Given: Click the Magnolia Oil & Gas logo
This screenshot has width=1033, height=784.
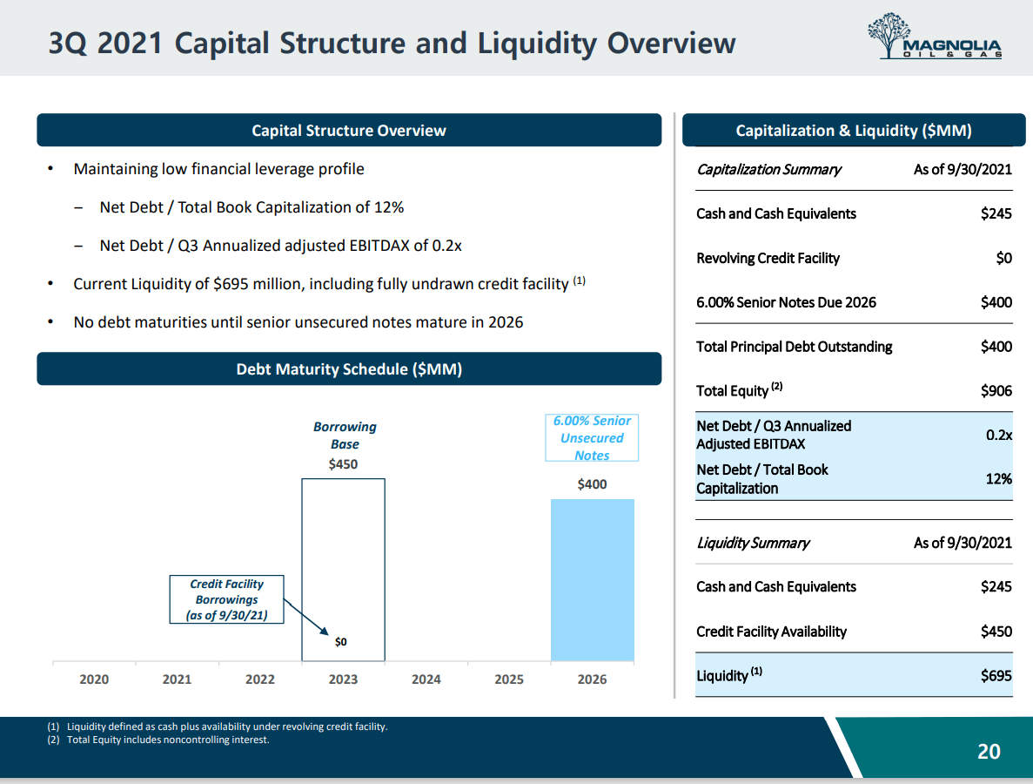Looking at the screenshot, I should pyautogui.click(x=934, y=37).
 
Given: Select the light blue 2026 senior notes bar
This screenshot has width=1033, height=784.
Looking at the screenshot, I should pyautogui.click(x=592, y=580).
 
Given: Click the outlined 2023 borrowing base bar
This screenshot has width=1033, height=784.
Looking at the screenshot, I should pyautogui.click(x=343, y=558).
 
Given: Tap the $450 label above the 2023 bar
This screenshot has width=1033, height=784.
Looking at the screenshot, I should pyautogui.click(x=343, y=464).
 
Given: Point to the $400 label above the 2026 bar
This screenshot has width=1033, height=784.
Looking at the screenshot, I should pyautogui.click(x=592, y=484).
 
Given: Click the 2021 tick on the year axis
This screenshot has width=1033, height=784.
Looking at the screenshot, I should pyautogui.click(x=177, y=679).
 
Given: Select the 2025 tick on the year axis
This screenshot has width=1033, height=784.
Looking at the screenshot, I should pyautogui.click(x=509, y=679).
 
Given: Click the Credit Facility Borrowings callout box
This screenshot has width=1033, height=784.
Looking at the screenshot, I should pyautogui.click(x=227, y=599).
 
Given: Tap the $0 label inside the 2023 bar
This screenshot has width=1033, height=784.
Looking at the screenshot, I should pyautogui.click(x=341, y=642).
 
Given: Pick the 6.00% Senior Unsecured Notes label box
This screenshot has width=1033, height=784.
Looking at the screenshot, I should pyautogui.click(x=592, y=437).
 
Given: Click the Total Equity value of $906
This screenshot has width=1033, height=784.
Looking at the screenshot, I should pyautogui.click(x=996, y=391).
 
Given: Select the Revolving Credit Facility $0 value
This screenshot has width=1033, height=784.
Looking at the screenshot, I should pyautogui.click(x=1003, y=259).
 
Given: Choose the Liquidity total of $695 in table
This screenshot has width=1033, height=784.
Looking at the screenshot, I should pyautogui.click(x=996, y=676).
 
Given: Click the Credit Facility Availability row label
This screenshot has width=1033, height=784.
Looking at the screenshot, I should pyautogui.click(x=771, y=632).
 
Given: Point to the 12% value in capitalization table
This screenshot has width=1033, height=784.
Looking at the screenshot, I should pyautogui.click(x=998, y=479).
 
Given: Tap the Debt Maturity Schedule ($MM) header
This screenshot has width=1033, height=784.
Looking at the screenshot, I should pyautogui.click(x=349, y=369).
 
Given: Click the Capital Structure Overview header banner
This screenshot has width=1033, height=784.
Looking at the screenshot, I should pyautogui.click(x=349, y=131).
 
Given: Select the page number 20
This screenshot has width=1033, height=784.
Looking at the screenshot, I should pyautogui.click(x=989, y=751).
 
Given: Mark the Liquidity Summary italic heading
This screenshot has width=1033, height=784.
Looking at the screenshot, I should pyautogui.click(x=753, y=543).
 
